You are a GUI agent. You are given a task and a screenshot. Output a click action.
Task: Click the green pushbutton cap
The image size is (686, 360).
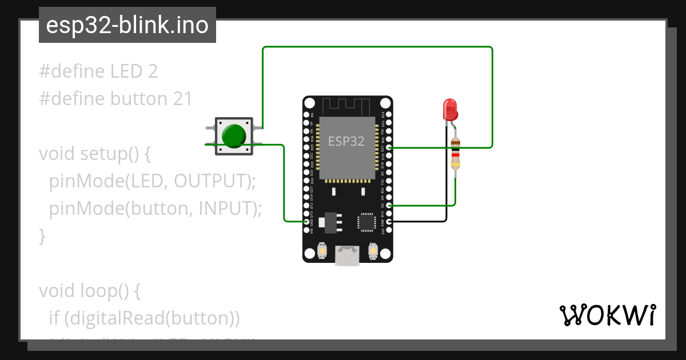[x=234, y=135]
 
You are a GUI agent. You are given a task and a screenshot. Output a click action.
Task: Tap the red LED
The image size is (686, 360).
[x=450, y=109]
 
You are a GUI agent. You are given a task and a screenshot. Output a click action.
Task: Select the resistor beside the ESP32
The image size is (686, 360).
[x=455, y=153]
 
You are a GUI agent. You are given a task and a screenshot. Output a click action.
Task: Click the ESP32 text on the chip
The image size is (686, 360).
[x=346, y=141]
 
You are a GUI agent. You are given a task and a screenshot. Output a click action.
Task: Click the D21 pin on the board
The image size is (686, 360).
[x=389, y=147]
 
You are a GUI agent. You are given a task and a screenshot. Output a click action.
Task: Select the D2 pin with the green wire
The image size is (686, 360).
[x=389, y=205]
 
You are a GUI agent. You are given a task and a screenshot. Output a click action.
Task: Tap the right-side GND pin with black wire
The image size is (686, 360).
[x=389, y=221]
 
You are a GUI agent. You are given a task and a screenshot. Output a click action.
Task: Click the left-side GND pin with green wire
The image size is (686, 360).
[x=307, y=221]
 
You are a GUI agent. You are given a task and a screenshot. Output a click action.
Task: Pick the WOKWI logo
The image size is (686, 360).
[x=607, y=315]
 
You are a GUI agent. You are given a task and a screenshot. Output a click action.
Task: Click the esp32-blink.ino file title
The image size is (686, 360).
[x=127, y=25]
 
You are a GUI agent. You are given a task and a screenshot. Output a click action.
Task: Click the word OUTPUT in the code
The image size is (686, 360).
[x=211, y=181]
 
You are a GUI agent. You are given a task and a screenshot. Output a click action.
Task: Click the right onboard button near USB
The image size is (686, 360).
[x=373, y=251]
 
